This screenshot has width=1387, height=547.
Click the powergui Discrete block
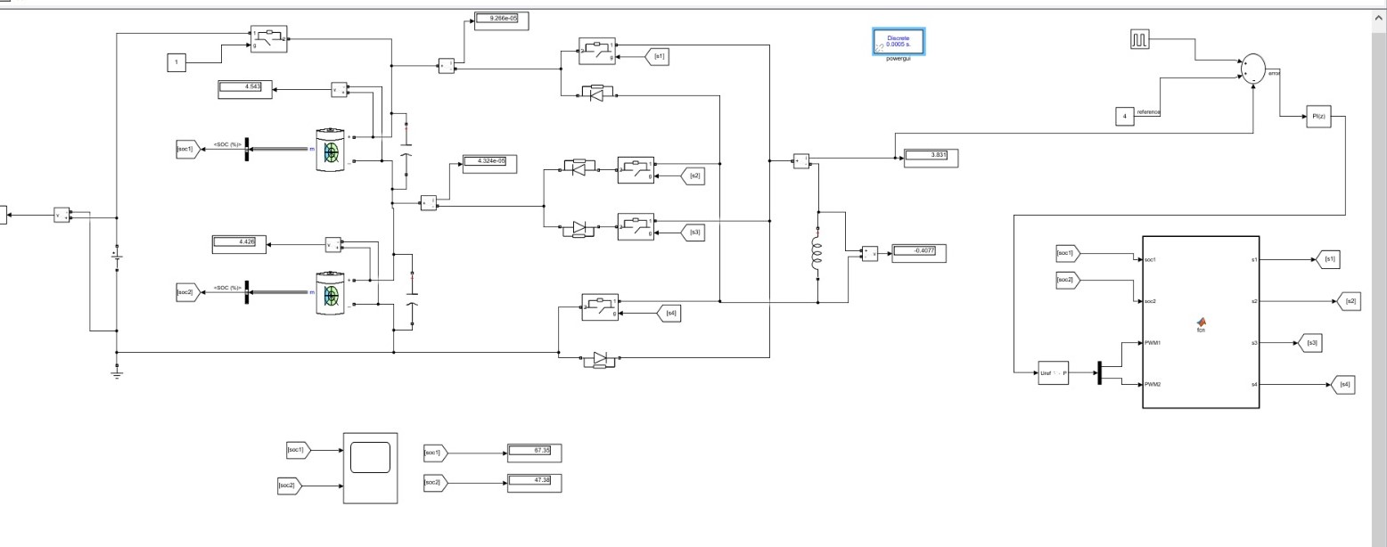(x=899, y=41)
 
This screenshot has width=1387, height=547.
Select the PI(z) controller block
(x=1317, y=117)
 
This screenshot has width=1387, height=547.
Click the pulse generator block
(x=1142, y=40)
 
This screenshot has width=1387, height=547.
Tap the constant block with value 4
(x=1125, y=116)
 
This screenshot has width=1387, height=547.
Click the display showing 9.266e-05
(x=501, y=18)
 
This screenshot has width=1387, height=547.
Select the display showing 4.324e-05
(x=489, y=161)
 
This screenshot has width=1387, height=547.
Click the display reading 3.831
(x=932, y=156)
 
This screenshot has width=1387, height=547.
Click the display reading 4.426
(x=239, y=241)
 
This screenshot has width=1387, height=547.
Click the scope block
(x=370, y=469)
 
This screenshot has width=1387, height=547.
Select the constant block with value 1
(x=176, y=62)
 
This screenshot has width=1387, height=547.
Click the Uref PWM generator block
(x=1053, y=372)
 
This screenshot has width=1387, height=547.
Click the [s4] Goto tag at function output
(x=1344, y=385)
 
